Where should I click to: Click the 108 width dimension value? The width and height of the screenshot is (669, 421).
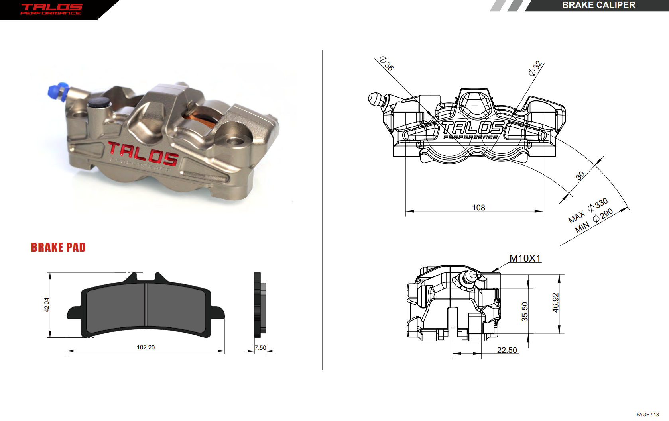pyautogui.click(x=478, y=208)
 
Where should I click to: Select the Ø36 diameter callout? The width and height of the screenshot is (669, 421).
pyautogui.click(x=386, y=63)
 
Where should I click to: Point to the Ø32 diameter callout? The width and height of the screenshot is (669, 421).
pyautogui.click(x=535, y=68)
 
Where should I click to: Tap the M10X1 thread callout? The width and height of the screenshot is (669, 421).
pyautogui.click(x=525, y=258)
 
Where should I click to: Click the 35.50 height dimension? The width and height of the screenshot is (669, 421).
pyautogui.click(x=525, y=311)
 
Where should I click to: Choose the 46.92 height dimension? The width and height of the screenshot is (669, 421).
pyautogui.click(x=555, y=303)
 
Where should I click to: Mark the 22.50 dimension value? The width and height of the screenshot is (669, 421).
pyautogui.click(x=507, y=350)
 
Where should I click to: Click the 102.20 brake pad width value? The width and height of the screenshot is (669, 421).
pyautogui.click(x=146, y=347)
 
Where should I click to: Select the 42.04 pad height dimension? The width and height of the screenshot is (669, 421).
pyautogui.click(x=47, y=305)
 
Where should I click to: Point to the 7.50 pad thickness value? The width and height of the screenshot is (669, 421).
pyautogui.click(x=260, y=348)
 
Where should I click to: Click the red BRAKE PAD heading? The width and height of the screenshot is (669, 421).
pyautogui.click(x=58, y=247)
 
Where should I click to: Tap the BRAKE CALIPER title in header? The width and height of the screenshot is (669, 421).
pyautogui.click(x=598, y=5)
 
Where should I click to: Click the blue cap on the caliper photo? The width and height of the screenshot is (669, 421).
pyautogui.click(x=57, y=92)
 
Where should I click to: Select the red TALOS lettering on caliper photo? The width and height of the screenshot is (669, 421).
pyautogui.click(x=143, y=153)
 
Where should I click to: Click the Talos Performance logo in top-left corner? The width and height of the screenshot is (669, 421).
pyautogui.click(x=51, y=9)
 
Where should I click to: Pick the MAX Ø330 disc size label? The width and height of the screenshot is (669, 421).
pyautogui.click(x=588, y=211)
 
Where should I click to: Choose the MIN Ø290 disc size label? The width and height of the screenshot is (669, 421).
pyautogui.click(x=594, y=221)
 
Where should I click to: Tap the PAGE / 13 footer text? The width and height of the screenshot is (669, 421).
pyautogui.click(x=647, y=415)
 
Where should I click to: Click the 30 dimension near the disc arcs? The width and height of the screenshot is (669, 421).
pyautogui.click(x=580, y=175)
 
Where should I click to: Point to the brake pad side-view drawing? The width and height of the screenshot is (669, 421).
pyautogui.click(x=259, y=305)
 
